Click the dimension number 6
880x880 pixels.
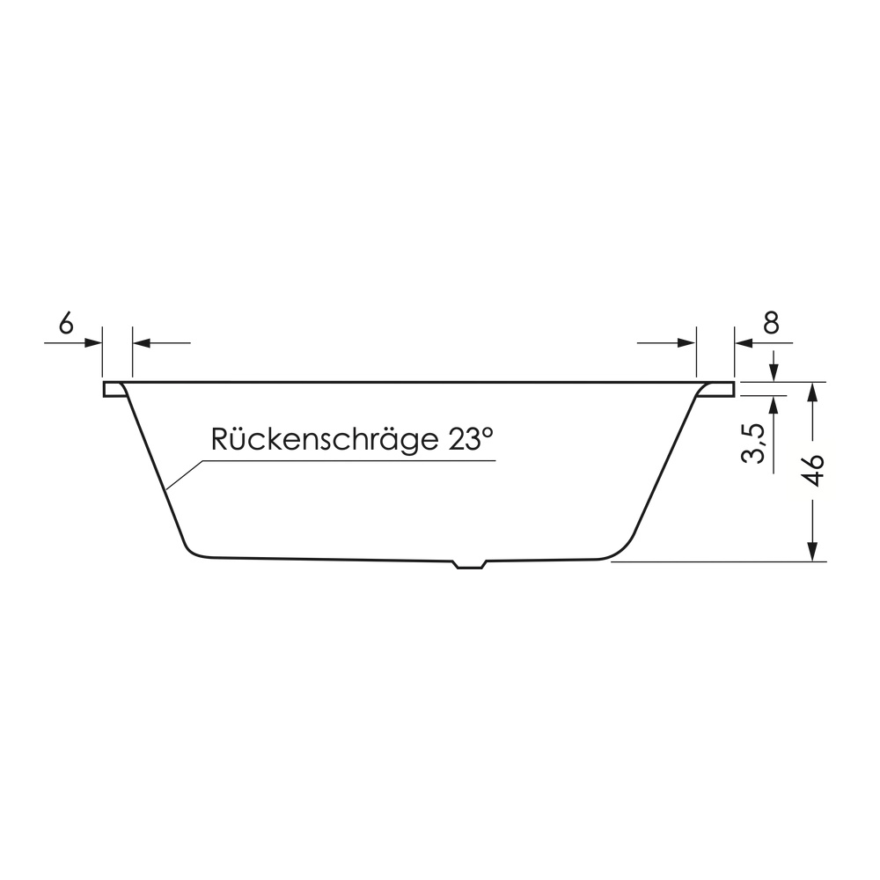[65, 324]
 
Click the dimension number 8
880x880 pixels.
[771, 324]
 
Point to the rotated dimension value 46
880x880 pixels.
[814, 471]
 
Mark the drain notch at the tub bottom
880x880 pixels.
[468, 565]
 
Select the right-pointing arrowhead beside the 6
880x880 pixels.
[94, 342]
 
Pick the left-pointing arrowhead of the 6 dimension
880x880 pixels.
[141, 342]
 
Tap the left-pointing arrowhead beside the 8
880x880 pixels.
[742, 342]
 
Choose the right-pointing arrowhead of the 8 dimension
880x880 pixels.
[689, 342]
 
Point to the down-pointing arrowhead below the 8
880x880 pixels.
[774, 373]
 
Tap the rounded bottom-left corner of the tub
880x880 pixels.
[192, 550]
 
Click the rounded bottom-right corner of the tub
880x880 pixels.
[621, 551]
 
